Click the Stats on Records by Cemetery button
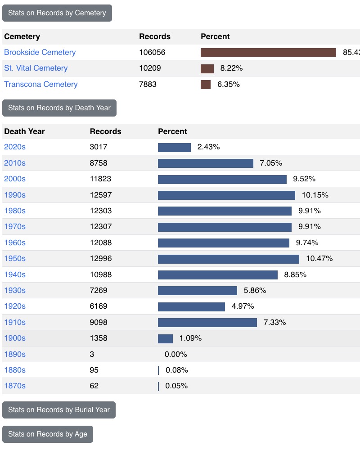pyautogui.click(x=57, y=13)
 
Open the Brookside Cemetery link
pyautogui.click(x=40, y=52)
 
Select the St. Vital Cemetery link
pyautogui.click(x=36, y=68)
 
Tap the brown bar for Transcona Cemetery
pyautogui.click(x=206, y=84)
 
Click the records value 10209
pyautogui.click(x=150, y=68)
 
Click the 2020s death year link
pyautogui.click(x=15, y=147)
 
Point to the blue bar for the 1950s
pyautogui.click(x=228, y=259)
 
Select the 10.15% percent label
pyautogui.click(x=315, y=195)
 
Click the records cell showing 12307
pyautogui.click(x=101, y=227)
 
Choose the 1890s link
pyautogui.click(x=15, y=354)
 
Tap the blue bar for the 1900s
pyautogui.click(x=165, y=338)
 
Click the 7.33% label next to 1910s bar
pyautogui.click(x=274, y=322)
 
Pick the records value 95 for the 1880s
pyautogui.click(x=94, y=370)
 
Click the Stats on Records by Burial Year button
pyautogui.click(x=59, y=410)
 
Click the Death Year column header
pyautogui.click(x=24, y=131)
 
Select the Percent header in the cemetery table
pyautogui.click(x=215, y=36)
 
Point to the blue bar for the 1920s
pyautogui.click(x=191, y=306)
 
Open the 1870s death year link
pyautogui.click(x=15, y=386)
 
